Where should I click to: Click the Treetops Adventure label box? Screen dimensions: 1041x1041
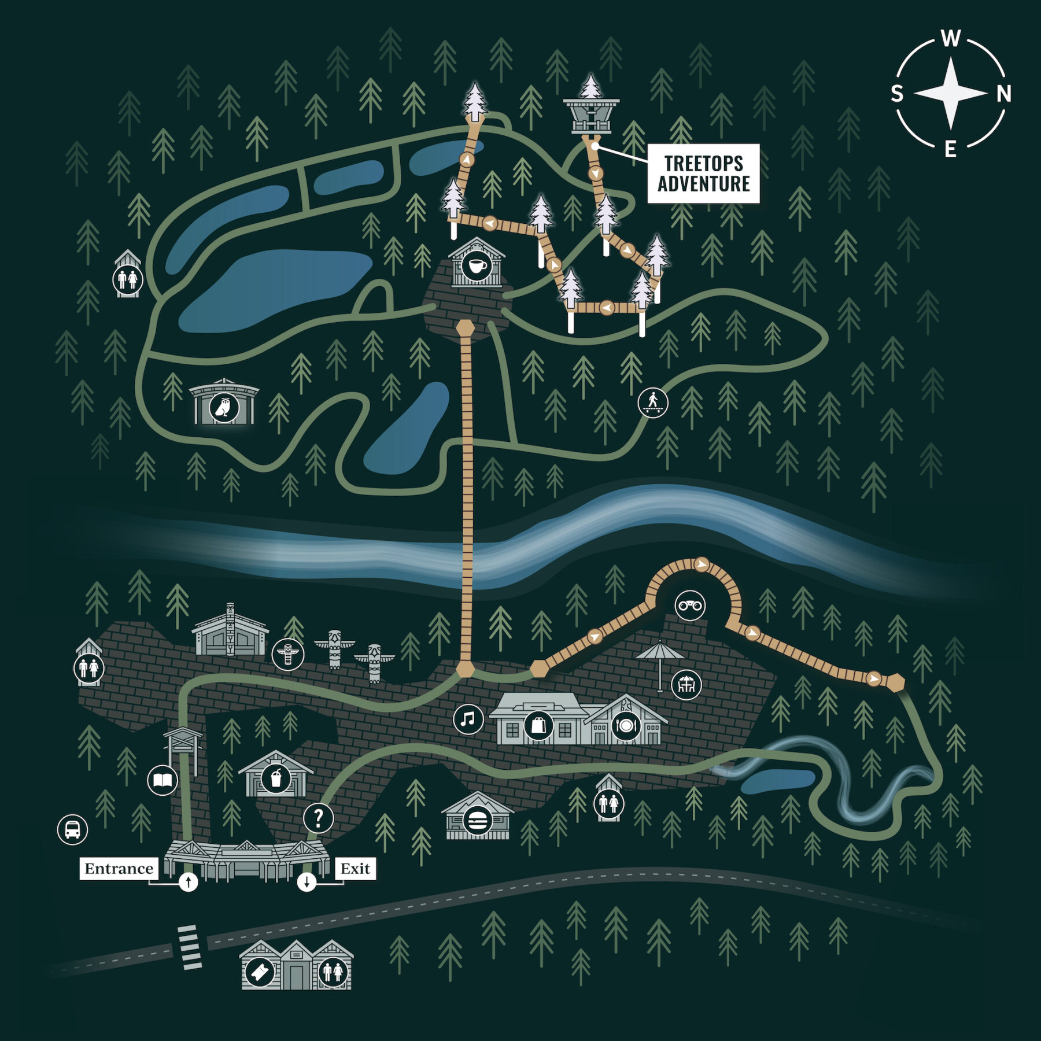coord(703,173)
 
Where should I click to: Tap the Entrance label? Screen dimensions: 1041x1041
coord(119,868)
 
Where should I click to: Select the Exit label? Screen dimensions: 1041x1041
coord(355,868)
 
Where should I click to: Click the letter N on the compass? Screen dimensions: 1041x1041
coord(1003,93)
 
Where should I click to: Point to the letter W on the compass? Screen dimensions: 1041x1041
coord(951,39)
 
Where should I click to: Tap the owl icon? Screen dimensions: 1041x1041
coord(223,408)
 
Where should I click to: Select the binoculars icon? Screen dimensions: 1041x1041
coord(690,606)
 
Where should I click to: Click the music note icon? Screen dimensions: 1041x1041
coord(468,719)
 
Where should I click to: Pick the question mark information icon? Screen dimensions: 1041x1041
coord(318,818)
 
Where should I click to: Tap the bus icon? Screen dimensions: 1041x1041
coord(72,829)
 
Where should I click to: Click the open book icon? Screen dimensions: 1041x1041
coord(163,781)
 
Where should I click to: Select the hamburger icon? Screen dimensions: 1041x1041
coord(477,819)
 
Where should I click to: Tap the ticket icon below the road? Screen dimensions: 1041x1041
coord(260,972)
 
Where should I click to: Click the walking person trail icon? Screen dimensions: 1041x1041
coord(653,402)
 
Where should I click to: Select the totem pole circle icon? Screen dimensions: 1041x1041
coord(288,654)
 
